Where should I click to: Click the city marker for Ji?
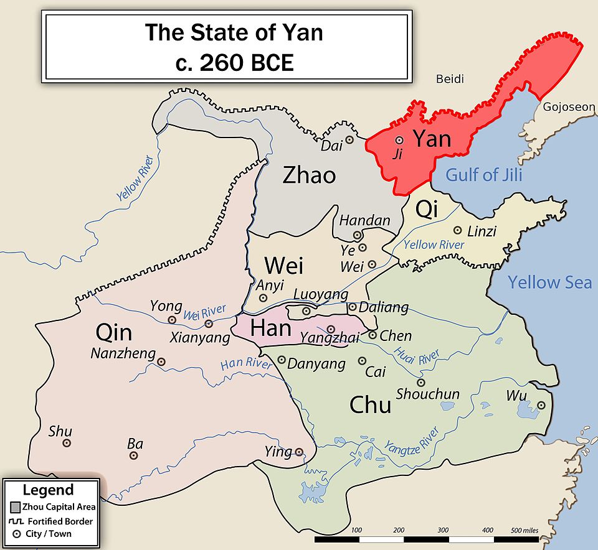pos(399,141)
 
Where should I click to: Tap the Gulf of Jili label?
pos(483,174)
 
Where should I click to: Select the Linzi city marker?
pos(458,230)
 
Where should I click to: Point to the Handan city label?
pos(364,220)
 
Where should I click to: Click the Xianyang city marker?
pos(209,324)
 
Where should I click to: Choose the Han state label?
pos(271,328)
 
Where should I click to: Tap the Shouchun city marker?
pos(421,383)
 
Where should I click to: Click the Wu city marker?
pos(541,405)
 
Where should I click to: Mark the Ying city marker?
pos(299,452)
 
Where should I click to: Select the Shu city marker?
pos(67,443)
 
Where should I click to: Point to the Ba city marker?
pos(133,455)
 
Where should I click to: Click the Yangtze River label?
pos(412,439)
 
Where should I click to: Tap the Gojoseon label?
pos(569,107)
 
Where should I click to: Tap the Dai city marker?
pos(349,140)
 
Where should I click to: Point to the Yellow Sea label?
pos(549,282)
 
